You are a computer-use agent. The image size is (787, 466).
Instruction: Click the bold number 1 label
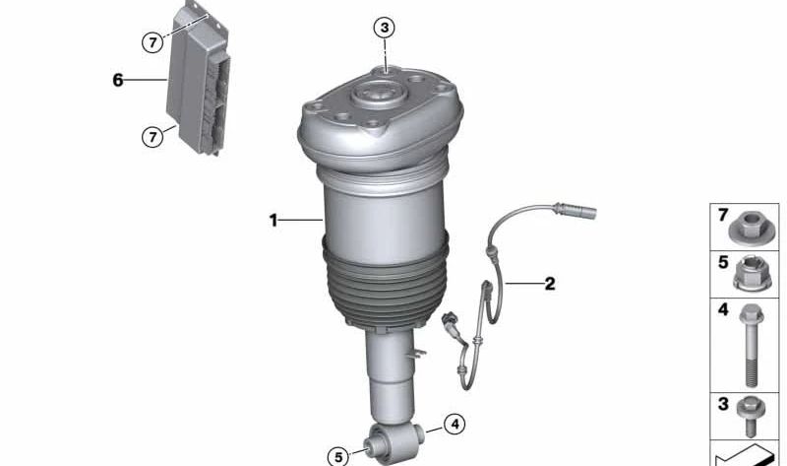click(x=273, y=220)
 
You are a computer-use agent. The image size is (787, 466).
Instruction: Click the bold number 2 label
click(x=550, y=284)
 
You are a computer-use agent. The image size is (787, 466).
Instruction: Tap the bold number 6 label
click(x=117, y=80)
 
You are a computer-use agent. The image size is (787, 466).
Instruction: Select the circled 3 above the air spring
click(x=385, y=28)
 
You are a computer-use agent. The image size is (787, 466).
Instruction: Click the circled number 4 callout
click(x=454, y=425)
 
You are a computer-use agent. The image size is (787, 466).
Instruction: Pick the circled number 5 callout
click(x=338, y=457)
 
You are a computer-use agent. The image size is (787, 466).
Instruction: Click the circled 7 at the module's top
click(x=152, y=42)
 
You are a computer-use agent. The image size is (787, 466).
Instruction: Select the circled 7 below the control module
click(x=152, y=136)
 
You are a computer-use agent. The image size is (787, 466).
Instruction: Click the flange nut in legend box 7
click(x=751, y=228)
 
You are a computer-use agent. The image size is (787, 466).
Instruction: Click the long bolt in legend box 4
click(x=751, y=345)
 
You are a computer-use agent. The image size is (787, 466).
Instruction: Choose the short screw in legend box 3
click(x=751, y=416)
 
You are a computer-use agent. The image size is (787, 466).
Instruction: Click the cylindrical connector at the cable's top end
click(x=575, y=210)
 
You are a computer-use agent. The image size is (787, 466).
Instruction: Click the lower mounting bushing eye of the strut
click(x=395, y=440)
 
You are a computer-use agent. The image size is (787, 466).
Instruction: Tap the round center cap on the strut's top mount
click(x=378, y=94)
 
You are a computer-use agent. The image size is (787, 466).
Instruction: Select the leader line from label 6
click(x=145, y=80)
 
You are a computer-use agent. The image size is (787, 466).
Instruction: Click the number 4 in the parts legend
click(x=723, y=309)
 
